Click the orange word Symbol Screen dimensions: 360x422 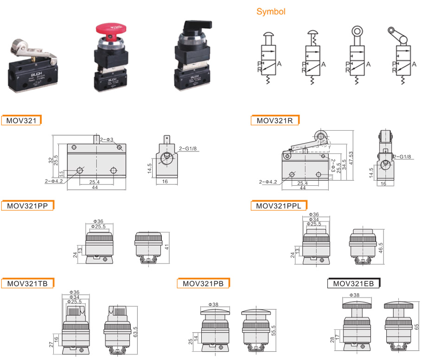pyautogui.click(x=271, y=12)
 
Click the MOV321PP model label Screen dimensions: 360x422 pyautogui.click(x=28, y=205)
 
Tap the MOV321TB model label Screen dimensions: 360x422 pyautogui.click(x=28, y=284)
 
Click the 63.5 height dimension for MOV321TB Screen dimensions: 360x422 pyautogui.click(x=135, y=332)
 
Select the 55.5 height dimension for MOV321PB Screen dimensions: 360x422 pyautogui.click(x=273, y=332)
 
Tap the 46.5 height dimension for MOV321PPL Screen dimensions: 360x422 pyautogui.click(x=381, y=246)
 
